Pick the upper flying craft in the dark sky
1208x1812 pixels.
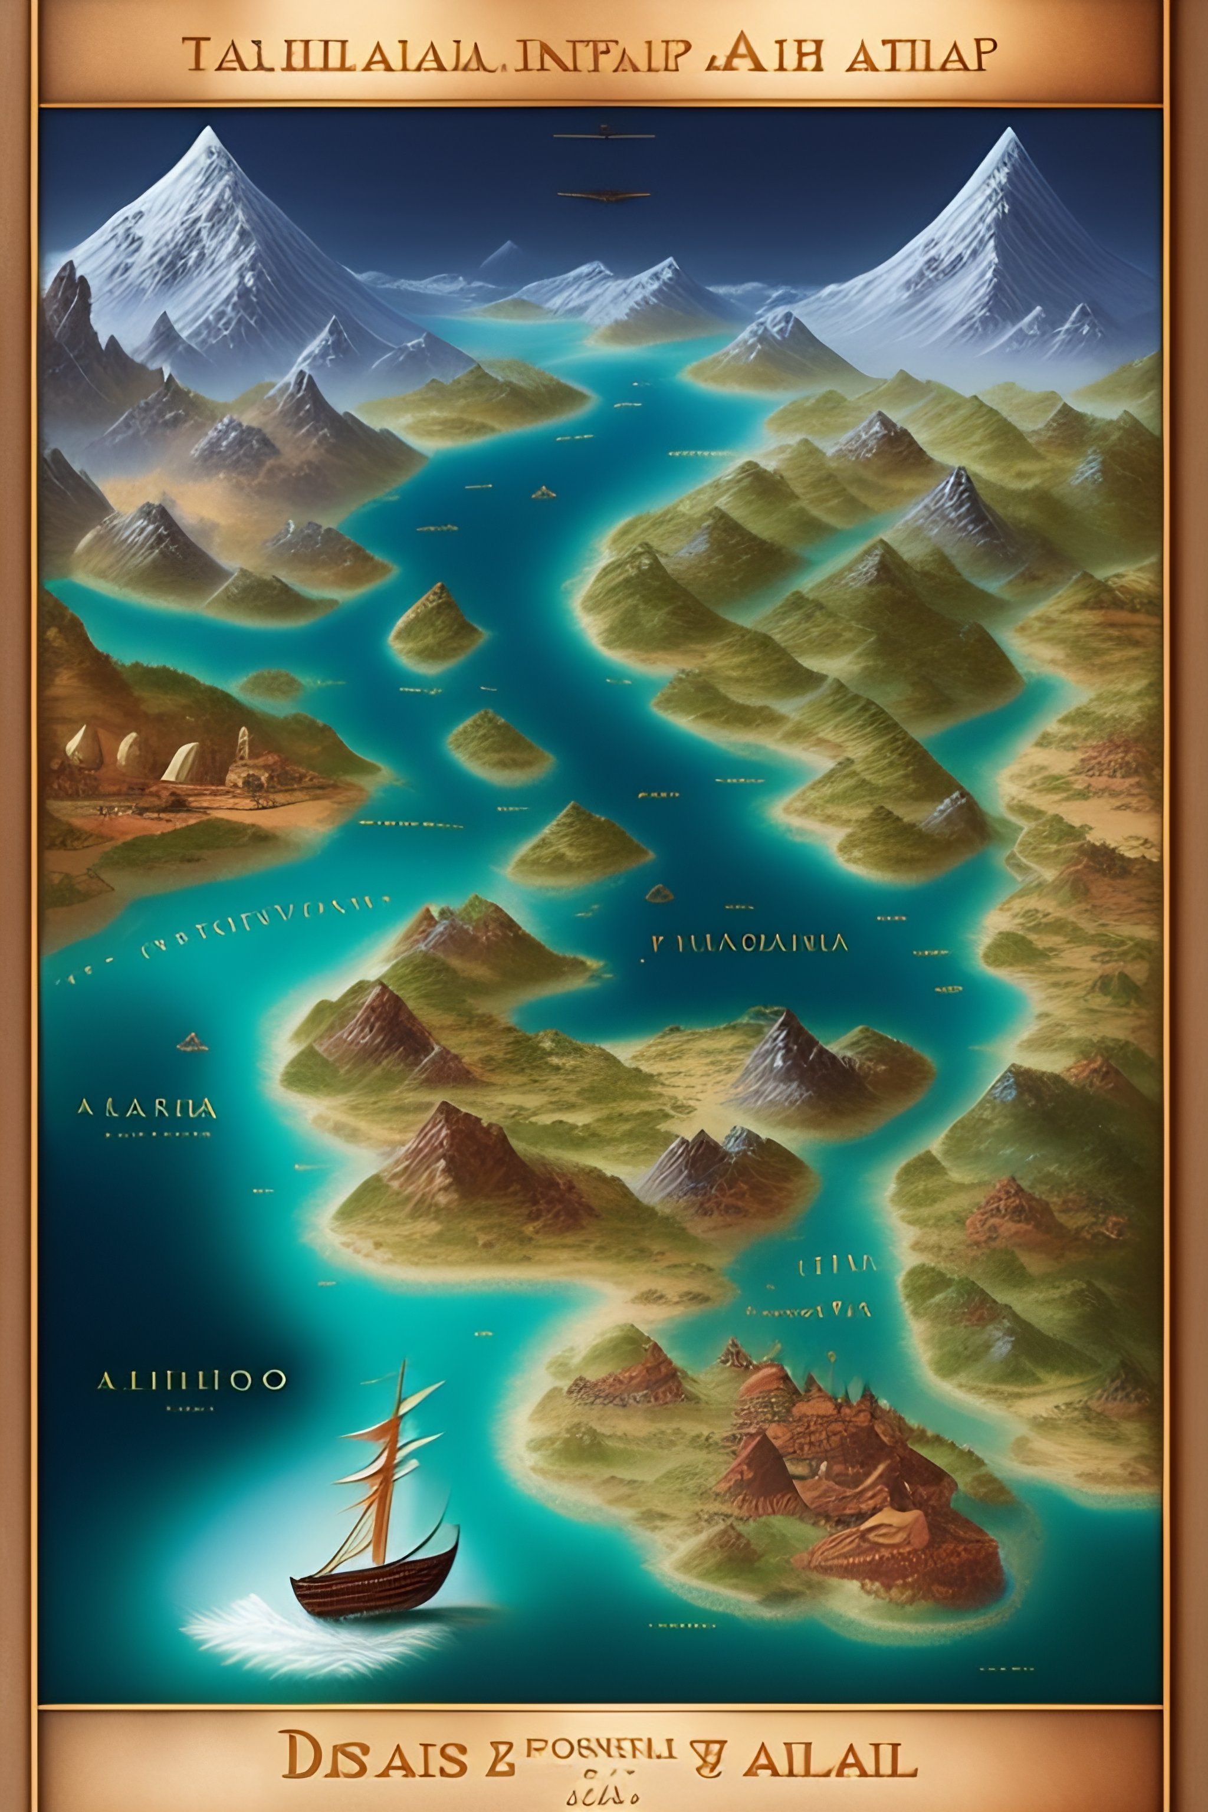605,136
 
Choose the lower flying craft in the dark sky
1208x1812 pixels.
605,193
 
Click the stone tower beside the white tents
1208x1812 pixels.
244,749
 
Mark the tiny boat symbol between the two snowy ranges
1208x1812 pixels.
544,491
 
